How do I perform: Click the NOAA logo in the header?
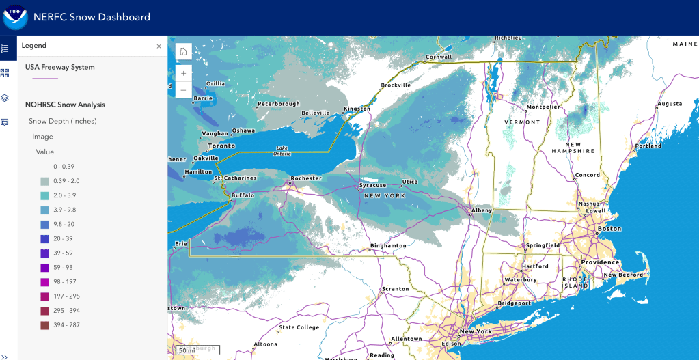(x=15, y=17)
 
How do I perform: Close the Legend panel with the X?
(x=159, y=46)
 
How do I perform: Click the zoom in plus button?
(x=183, y=73)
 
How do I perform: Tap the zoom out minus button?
(x=183, y=89)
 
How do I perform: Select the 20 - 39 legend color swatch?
(x=44, y=238)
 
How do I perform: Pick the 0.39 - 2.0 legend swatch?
(x=44, y=181)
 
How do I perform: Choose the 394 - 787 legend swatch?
(x=44, y=325)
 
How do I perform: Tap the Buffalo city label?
(x=243, y=195)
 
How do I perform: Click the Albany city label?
(x=482, y=210)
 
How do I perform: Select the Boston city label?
(x=609, y=229)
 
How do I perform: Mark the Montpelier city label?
(x=543, y=107)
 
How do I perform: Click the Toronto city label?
(x=221, y=146)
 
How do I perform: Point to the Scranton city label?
(x=395, y=289)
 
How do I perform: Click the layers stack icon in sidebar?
(x=5, y=98)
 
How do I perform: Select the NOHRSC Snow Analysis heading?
(x=65, y=105)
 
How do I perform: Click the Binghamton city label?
(x=387, y=245)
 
